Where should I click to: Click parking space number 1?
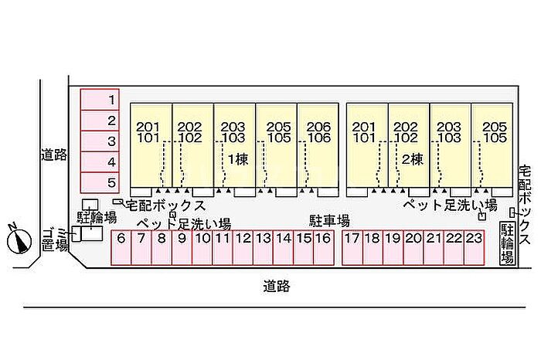click(100, 100)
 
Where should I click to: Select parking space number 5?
click(100, 183)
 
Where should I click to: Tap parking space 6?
click(121, 248)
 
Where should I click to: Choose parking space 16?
click(323, 248)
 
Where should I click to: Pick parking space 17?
click(352, 248)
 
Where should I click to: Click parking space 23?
click(474, 248)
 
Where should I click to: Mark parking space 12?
click(243, 248)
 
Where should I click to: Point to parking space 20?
click(413, 248)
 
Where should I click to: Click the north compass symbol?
click(18, 239)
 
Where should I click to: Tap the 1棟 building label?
click(236, 158)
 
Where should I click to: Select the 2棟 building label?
click(411, 158)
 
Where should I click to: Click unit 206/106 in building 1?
click(318, 132)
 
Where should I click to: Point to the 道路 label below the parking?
click(275, 286)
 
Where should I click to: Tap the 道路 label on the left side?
click(54, 155)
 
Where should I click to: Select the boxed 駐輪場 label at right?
click(508, 243)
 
